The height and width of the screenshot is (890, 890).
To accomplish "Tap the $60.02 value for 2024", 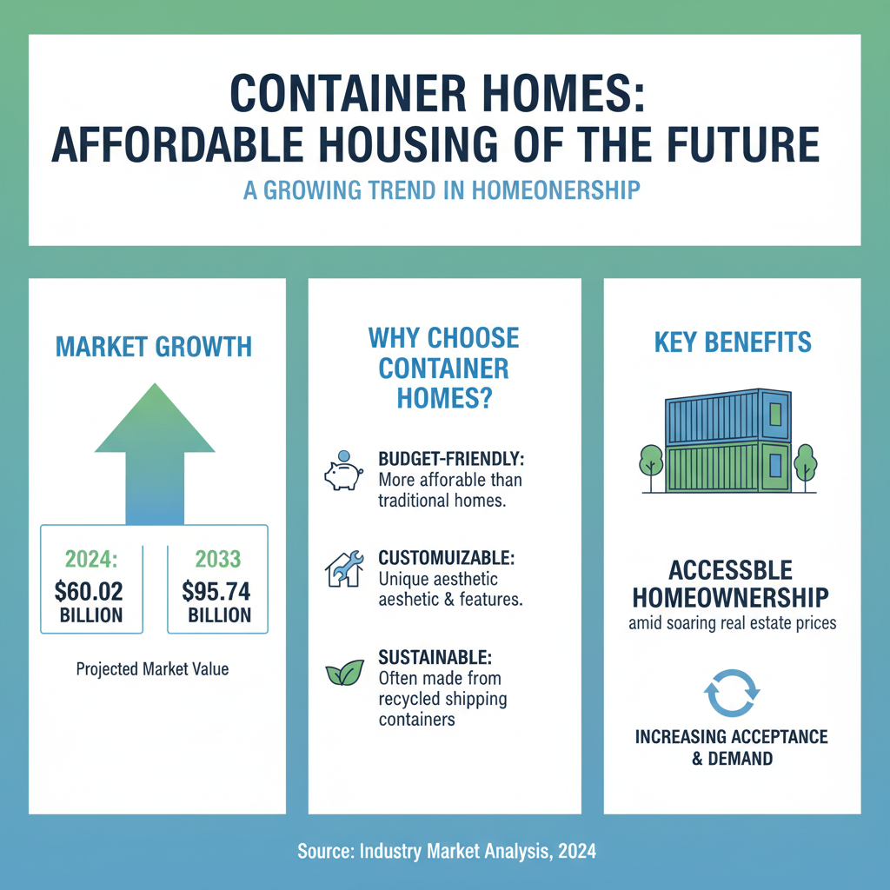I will coord(88,593).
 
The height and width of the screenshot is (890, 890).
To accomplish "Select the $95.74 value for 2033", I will coord(216,593).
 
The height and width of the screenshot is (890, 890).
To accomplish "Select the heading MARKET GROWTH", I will coord(154,348).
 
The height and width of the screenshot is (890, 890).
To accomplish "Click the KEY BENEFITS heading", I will coord(732,342).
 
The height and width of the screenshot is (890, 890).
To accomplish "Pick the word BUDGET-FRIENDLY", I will coord(451,458).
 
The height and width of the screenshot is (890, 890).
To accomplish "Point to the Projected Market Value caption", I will coord(152,669).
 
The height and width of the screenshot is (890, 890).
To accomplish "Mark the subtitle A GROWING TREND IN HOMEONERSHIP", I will coord(442,190).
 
